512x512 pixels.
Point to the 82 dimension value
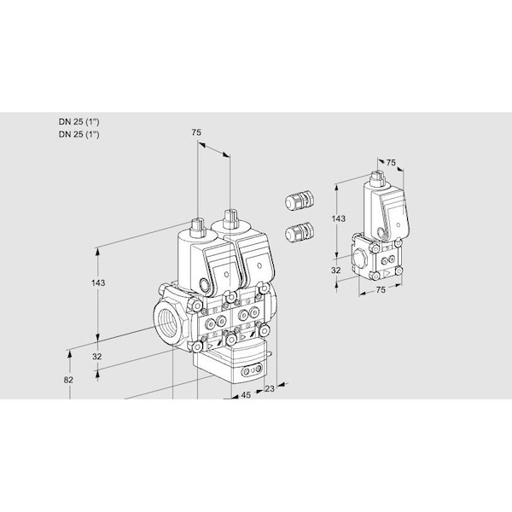click(x=70, y=380)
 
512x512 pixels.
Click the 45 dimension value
click(x=246, y=395)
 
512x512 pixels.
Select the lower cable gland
click(x=300, y=230)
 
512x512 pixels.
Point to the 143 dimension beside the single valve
click(x=339, y=219)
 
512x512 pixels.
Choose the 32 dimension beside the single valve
click(x=336, y=271)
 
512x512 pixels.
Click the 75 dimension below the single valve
click(x=381, y=290)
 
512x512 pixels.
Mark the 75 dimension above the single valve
click(x=391, y=162)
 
